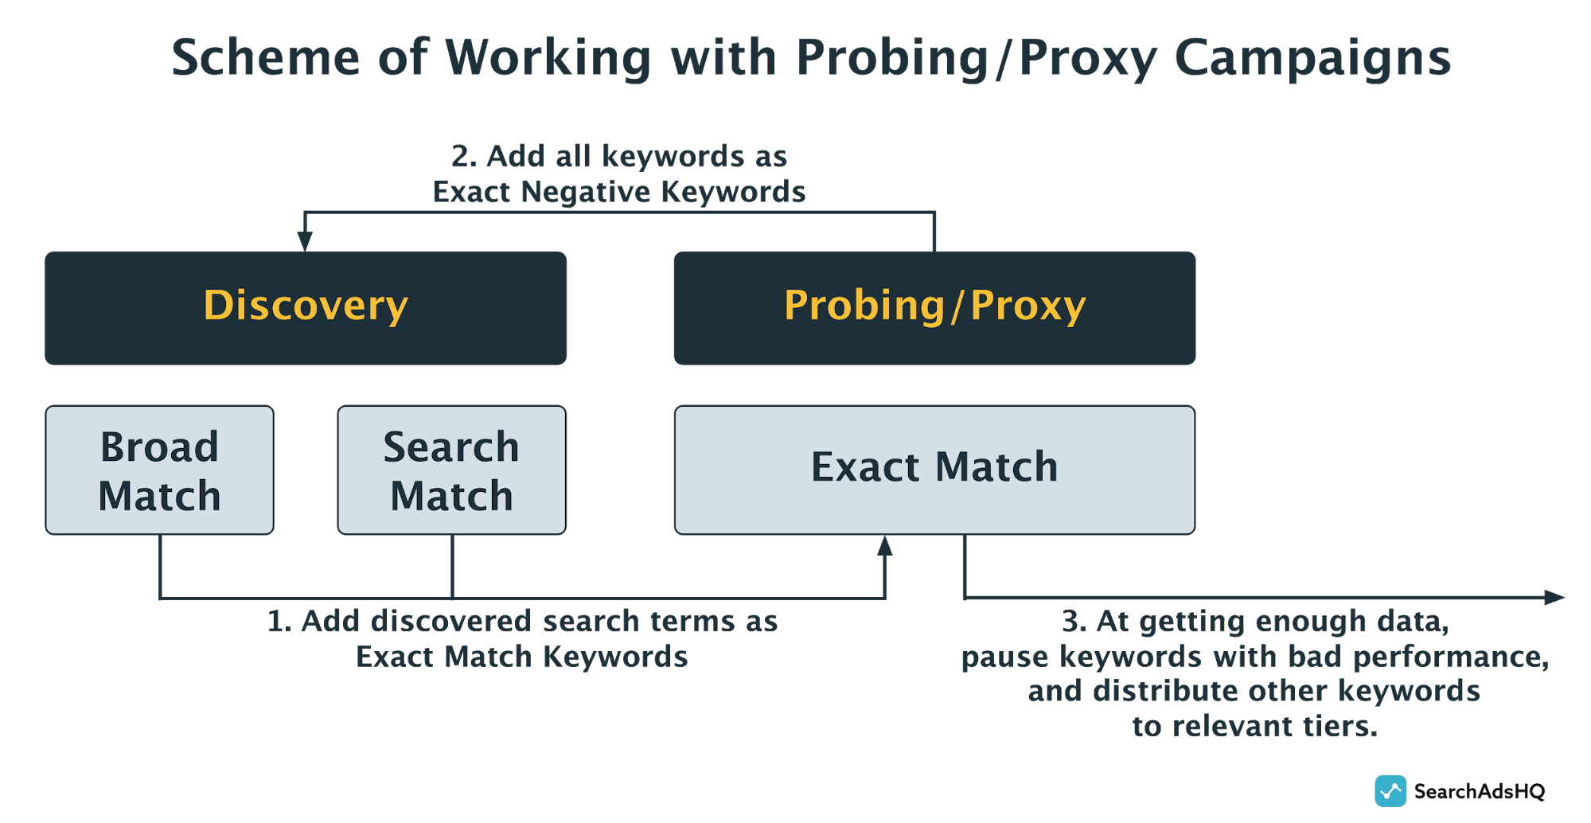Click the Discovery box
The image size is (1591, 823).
(x=306, y=308)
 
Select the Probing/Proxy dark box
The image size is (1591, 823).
(x=934, y=308)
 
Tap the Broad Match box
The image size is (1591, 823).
(x=159, y=470)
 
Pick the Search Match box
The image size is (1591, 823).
(x=451, y=470)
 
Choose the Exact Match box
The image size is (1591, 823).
(x=934, y=470)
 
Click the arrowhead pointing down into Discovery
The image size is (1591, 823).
(x=305, y=241)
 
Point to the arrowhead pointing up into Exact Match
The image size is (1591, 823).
(x=884, y=546)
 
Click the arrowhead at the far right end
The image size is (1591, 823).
(x=1554, y=597)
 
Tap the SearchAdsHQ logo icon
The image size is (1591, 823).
(x=1390, y=791)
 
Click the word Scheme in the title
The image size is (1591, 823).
(x=266, y=58)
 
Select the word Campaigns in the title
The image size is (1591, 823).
(x=1312, y=58)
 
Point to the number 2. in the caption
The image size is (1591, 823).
(x=464, y=156)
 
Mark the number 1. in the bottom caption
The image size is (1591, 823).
(x=279, y=621)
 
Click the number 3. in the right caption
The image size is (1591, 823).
(x=1074, y=621)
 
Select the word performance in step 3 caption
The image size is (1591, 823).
(x=1450, y=657)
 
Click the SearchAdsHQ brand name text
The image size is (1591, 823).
(x=1480, y=791)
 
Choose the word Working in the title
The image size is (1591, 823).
(x=548, y=58)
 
